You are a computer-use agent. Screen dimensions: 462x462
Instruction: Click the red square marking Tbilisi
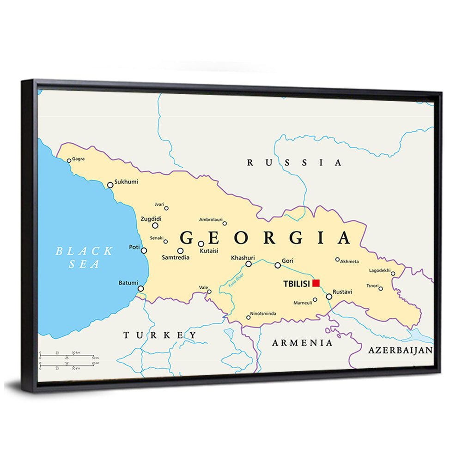316,283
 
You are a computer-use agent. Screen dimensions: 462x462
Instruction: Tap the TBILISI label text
296,284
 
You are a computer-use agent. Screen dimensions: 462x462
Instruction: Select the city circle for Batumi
140,289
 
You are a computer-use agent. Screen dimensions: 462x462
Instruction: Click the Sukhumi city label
126,182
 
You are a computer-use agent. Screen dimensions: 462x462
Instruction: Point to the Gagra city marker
69,161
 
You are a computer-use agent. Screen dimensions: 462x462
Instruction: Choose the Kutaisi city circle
201,244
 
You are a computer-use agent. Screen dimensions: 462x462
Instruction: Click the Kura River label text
236,281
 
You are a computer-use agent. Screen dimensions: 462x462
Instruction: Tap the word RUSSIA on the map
295,163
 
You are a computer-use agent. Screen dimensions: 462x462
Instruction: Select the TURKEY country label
160,335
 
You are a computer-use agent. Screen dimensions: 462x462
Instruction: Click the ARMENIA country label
302,343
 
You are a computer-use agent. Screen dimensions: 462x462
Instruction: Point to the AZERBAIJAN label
400,350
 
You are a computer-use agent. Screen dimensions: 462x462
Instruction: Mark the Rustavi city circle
329,297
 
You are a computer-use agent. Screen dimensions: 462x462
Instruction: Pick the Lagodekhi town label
380,270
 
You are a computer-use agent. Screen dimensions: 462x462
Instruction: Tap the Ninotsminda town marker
248,317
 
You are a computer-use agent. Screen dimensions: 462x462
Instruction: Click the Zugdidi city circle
155,225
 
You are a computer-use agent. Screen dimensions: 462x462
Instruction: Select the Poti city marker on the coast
144,250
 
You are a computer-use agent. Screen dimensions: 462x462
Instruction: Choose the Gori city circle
278,265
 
